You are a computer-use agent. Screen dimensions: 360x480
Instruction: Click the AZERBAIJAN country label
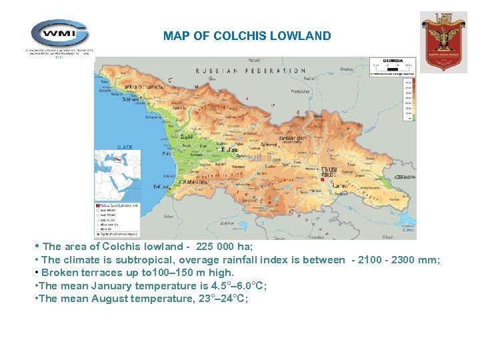pyautogui.click(x=404, y=177)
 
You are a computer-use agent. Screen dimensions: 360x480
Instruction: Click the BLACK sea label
pyautogui.click(x=125, y=147)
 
